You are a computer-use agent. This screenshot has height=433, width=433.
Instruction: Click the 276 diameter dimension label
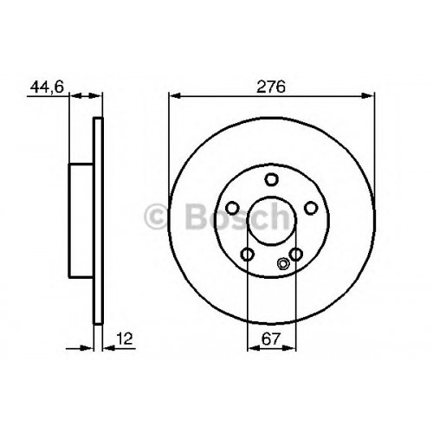[271, 87]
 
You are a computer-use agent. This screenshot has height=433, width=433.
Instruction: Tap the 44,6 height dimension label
[47, 87]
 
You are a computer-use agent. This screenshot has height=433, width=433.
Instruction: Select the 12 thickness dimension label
[125, 339]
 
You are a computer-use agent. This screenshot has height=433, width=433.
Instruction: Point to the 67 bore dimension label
[271, 339]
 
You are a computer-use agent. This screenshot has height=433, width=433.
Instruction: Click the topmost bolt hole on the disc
[272, 179]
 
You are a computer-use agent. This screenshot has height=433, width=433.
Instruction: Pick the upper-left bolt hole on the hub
[232, 208]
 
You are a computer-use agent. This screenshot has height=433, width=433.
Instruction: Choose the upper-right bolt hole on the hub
[311, 208]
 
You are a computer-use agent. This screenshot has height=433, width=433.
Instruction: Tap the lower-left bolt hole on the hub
[248, 255]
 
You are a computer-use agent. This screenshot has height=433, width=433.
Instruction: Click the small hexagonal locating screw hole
[282, 263]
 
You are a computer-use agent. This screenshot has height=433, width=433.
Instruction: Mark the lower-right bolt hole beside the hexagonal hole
[296, 255]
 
